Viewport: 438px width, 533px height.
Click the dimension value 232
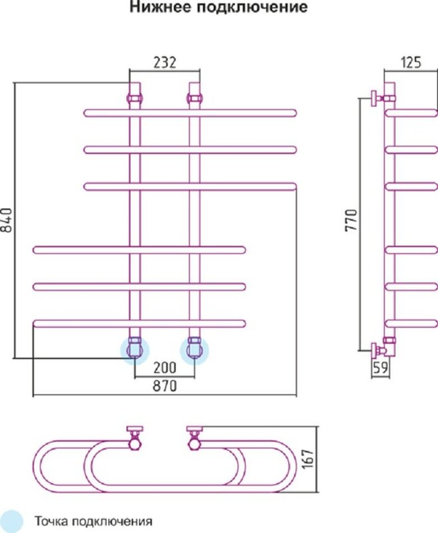[165, 62]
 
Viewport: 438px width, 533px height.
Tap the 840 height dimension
[7, 220]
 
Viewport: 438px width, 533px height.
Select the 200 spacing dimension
[165, 367]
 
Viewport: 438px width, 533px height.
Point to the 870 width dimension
[165, 386]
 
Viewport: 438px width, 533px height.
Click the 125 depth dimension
[411, 62]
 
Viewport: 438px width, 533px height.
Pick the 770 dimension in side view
[351, 220]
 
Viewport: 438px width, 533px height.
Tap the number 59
[380, 368]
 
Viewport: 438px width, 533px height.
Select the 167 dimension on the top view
[307, 459]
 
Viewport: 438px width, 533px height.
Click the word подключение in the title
[252, 7]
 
